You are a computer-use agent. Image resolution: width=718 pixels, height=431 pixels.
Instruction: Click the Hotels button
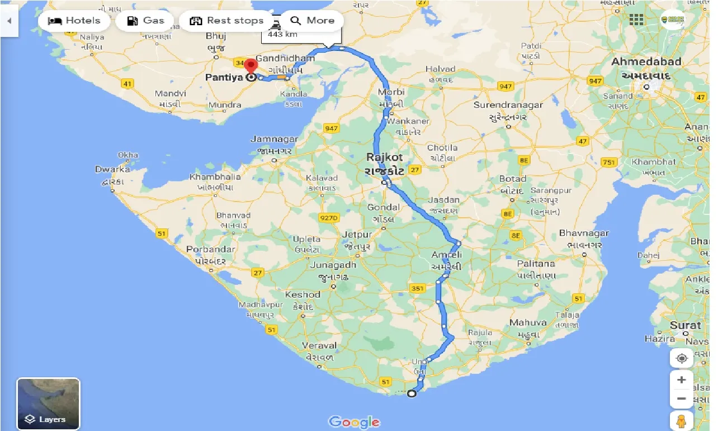click(x=74, y=21)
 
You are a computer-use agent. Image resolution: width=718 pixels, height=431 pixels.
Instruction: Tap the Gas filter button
click(x=145, y=21)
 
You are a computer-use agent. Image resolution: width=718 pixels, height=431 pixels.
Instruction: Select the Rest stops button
click(x=226, y=21)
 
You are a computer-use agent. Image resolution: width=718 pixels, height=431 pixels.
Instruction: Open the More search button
click(x=312, y=21)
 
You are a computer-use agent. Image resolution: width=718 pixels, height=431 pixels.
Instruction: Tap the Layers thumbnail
click(x=49, y=404)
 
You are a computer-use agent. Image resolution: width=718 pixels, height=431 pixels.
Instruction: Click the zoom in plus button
click(x=681, y=380)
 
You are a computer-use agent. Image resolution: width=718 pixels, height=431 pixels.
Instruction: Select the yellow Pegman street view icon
click(x=681, y=420)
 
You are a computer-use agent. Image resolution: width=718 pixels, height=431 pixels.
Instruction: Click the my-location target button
click(x=681, y=358)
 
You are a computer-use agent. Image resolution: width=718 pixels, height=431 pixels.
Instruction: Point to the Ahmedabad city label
click(x=646, y=62)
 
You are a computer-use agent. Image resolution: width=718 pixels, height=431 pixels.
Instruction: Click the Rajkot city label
click(x=384, y=157)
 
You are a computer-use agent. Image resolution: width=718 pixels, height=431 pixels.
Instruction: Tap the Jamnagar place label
click(x=274, y=139)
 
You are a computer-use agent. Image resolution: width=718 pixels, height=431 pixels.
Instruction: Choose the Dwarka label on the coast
click(x=112, y=169)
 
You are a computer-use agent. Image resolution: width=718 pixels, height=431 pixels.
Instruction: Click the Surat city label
click(x=685, y=325)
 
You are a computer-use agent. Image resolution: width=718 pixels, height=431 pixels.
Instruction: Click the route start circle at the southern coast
click(x=412, y=393)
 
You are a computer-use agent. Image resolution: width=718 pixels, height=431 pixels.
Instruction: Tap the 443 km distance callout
click(x=282, y=34)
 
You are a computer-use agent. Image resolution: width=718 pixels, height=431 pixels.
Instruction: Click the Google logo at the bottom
click(x=355, y=421)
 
